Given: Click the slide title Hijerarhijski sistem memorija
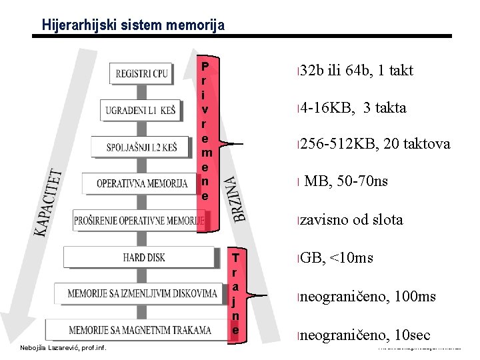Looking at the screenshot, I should (133, 25).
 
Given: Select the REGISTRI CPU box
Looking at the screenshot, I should (142, 73).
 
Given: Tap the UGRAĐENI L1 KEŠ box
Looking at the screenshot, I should (140, 110).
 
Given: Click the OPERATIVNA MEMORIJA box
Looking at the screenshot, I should (142, 183).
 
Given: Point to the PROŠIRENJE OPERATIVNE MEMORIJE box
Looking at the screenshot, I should (139, 220).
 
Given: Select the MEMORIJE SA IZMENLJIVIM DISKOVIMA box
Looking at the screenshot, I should (143, 293).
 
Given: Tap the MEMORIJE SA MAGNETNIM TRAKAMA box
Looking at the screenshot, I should (139, 329).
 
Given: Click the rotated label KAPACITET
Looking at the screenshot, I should (49, 201).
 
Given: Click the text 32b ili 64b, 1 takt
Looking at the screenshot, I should (356, 71).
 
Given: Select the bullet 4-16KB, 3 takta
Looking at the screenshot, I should (353, 108).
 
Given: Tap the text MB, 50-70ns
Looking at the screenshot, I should (345, 181).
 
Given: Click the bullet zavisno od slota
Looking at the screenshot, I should (351, 220).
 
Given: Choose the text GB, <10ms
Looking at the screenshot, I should (336, 258).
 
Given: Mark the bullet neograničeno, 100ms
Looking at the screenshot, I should (367, 297).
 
